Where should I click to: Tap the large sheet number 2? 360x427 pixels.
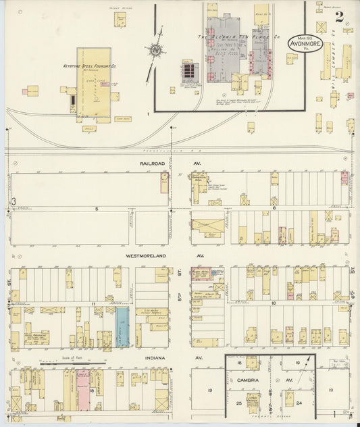337,16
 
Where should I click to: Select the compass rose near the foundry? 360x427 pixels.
156,50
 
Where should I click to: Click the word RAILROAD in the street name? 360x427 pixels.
152,164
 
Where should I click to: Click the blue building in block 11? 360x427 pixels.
122,329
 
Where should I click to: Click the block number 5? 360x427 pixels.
97,209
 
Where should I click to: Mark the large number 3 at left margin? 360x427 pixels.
13,201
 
